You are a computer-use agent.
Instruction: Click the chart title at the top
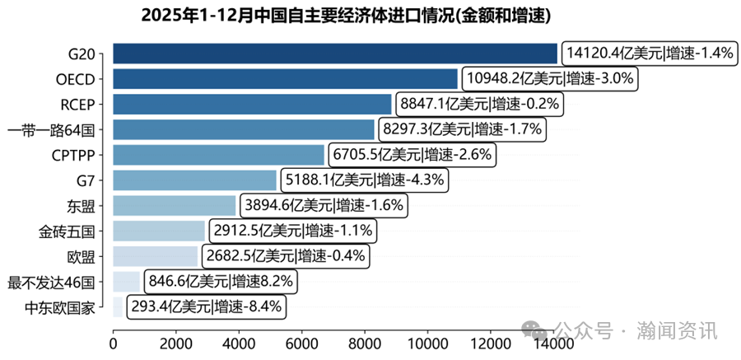coord(346,16)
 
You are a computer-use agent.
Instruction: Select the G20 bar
coord(334,54)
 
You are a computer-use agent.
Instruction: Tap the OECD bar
coord(285,79)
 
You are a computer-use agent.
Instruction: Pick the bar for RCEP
coord(252,105)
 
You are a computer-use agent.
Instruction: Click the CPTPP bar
coord(218,155)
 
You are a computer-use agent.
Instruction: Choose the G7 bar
coord(194,180)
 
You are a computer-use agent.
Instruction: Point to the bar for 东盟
coord(174,205)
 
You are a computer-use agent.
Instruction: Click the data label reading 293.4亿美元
coord(170,307)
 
